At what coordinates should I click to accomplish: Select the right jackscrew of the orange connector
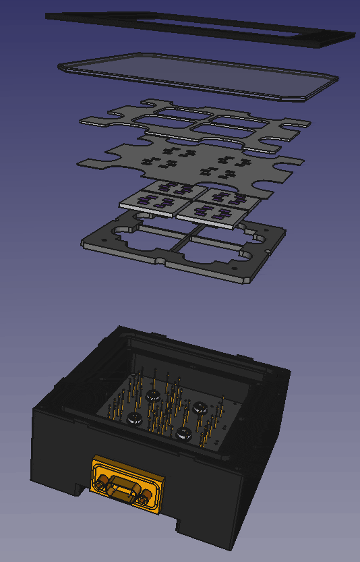[x=144, y=500]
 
